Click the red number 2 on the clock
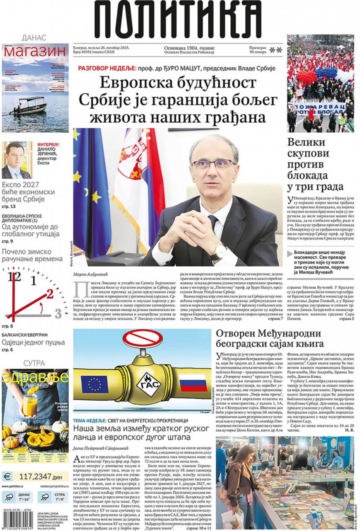[49, 295]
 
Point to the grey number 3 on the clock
[58, 313]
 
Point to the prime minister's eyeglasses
[214, 164]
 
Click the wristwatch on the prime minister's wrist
[221, 251]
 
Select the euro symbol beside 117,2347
[7, 476]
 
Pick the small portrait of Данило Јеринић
[17, 160]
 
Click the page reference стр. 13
[9, 207]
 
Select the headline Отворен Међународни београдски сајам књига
[268, 338]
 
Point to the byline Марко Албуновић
[91, 275]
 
